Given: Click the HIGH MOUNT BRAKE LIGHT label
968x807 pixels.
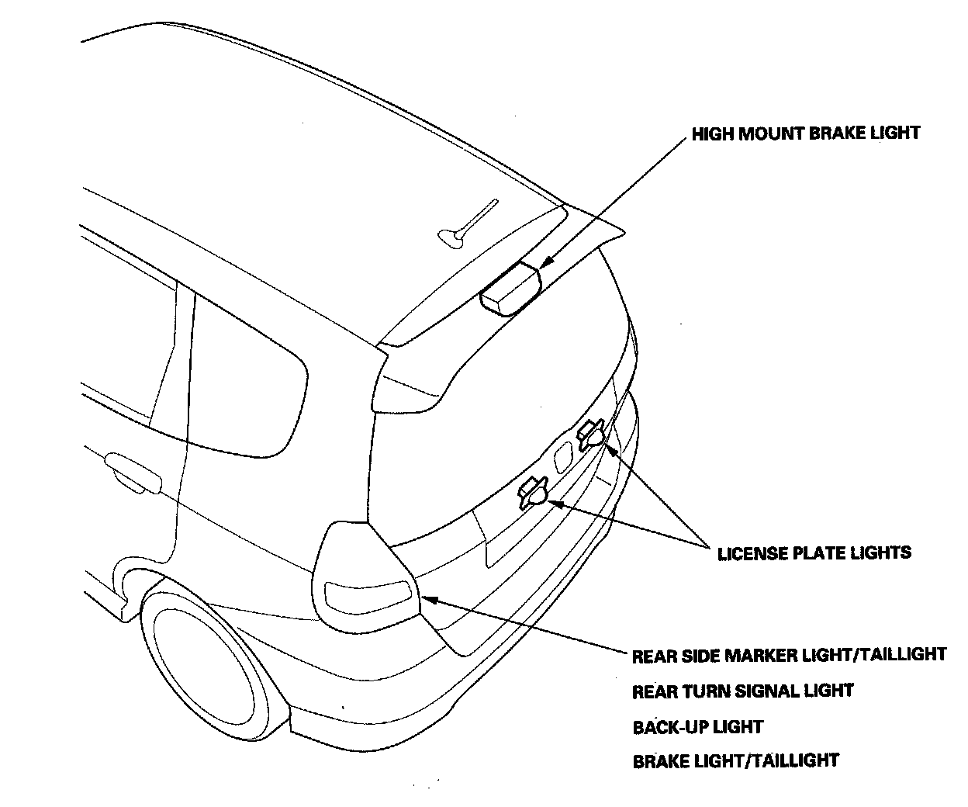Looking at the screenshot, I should tap(805, 133).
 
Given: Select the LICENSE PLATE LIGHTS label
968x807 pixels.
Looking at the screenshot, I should tap(814, 553).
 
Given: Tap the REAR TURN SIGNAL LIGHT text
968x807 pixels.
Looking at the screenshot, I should tap(742, 691).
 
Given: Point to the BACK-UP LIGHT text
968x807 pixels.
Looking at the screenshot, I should tap(697, 727).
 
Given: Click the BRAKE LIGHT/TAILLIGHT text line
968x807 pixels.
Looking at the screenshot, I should tap(735, 761).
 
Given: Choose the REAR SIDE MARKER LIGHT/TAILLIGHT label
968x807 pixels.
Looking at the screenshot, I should tap(789, 655).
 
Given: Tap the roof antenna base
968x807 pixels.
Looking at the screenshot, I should tap(453, 236).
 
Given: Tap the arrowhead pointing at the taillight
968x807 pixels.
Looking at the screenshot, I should tap(425, 599).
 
